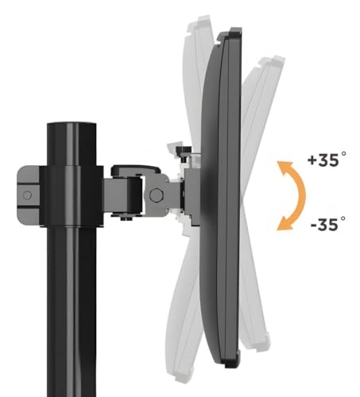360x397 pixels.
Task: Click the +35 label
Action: click(327, 160)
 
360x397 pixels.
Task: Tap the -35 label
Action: click(328, 224)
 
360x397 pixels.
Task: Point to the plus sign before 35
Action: click(312, 160)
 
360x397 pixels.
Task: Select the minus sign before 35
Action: click(314, 225)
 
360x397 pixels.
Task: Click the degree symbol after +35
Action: click(343, 154)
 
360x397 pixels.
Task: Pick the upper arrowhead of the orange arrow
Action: click(285, 166)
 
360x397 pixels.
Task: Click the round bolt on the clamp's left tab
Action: click(27, 195)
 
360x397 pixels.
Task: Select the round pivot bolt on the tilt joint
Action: click(157, 195)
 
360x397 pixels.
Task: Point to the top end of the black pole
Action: click(72, 124)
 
